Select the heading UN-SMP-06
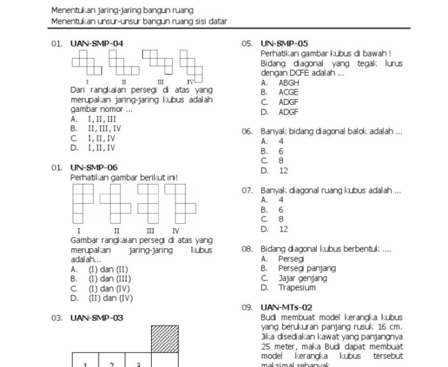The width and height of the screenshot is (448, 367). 93,168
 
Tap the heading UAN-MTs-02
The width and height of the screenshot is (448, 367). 287,308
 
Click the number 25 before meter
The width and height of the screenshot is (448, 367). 268,346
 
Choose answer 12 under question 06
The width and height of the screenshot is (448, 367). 284,171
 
